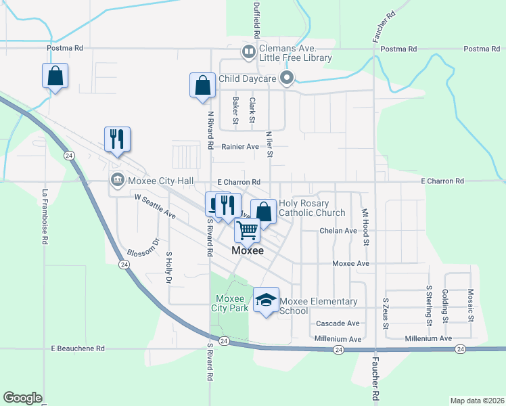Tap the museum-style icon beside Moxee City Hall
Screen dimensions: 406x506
(117, 180)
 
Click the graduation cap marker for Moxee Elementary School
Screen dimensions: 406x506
(266, 300)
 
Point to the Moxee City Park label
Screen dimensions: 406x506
(230, 303)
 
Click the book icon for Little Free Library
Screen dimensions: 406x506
(249, 51)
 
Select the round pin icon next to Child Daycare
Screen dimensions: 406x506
(287, 78)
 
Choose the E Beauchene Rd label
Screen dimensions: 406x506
(78, 348)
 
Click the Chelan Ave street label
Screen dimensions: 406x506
(338, 231)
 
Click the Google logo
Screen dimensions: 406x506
(22, 398)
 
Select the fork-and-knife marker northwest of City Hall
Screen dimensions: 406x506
(116, 140)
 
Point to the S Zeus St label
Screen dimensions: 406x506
(386, 313)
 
